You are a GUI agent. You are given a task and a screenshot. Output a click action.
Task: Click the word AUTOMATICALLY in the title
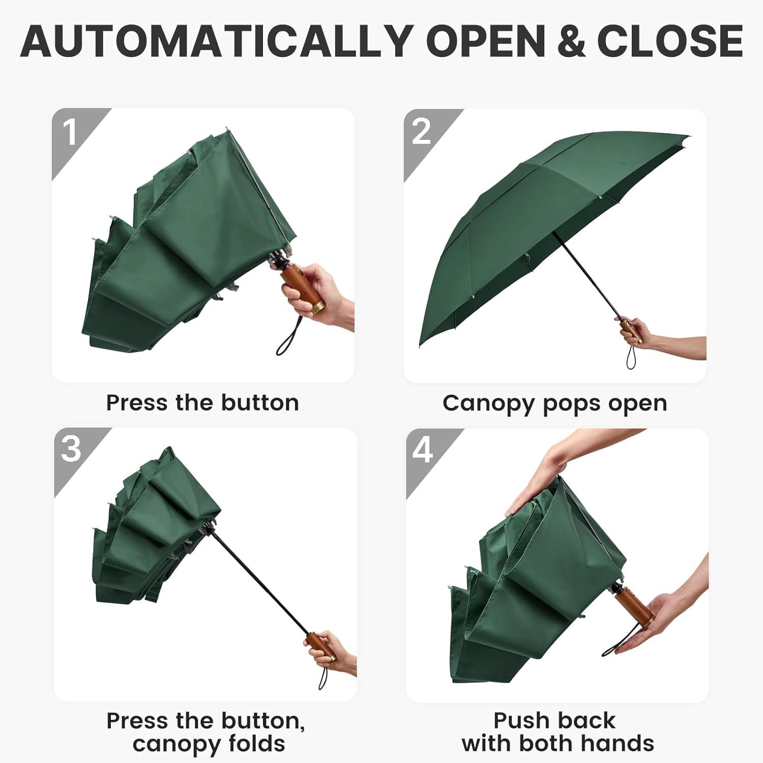tap(217, 41)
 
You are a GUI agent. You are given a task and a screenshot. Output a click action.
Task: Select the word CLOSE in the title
tap(670, 41)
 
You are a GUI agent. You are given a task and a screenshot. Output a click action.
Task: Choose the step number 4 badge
tap(423, 450)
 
